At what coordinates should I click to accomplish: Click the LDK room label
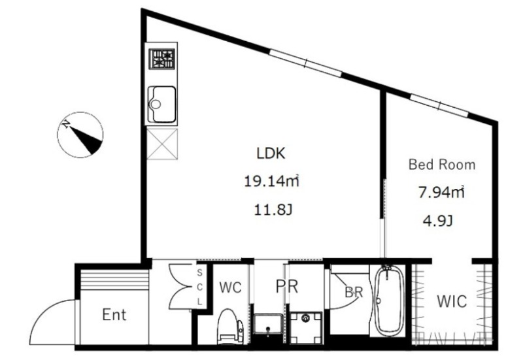pyautogui.click(x=271, y=154)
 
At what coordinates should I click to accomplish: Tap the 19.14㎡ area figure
pyautogui.click(x=271, y=182)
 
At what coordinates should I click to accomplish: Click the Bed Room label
pyautogui.click(x=442, y=165)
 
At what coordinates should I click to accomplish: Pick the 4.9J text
pyautogui.click(x=437, y=221)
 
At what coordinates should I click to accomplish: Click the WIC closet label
pyautogui.click(x=452, y=301)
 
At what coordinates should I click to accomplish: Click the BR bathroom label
pyautogui.click(x=354, y=292)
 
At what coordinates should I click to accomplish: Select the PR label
pyautogui.click(x=287, y=286)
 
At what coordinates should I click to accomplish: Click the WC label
pyautogui.click(x=231, y=287)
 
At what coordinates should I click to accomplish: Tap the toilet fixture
pyautogui.click(x=230, y=326)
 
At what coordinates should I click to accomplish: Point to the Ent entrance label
pyautogui.click(x=114, y=315)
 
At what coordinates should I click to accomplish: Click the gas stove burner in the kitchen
pyautogui.click(x=161, y=59)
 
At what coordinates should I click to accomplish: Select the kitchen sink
pyautogui.click(x=161, y=104)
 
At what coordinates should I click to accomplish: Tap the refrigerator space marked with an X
pyautogui.click(x=162, y=144)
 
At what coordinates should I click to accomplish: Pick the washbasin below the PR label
pyautogui.click(x=268, y=324)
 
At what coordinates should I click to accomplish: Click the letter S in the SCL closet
pyautogui.click(x=199, y=272)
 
